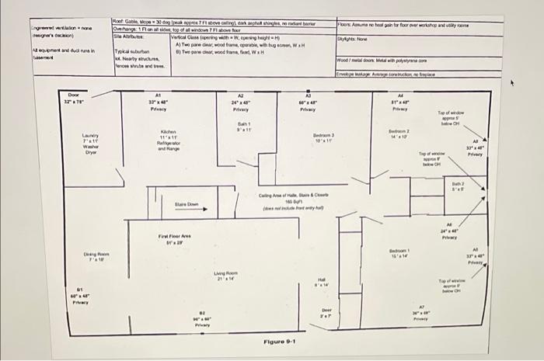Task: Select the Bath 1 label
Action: point(243,128)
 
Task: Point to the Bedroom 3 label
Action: point(323,139)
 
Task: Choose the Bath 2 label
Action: point(459,187)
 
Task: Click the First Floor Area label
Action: point(173,239)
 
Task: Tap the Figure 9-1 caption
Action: point(280,342)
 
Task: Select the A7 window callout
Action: point(420,312)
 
